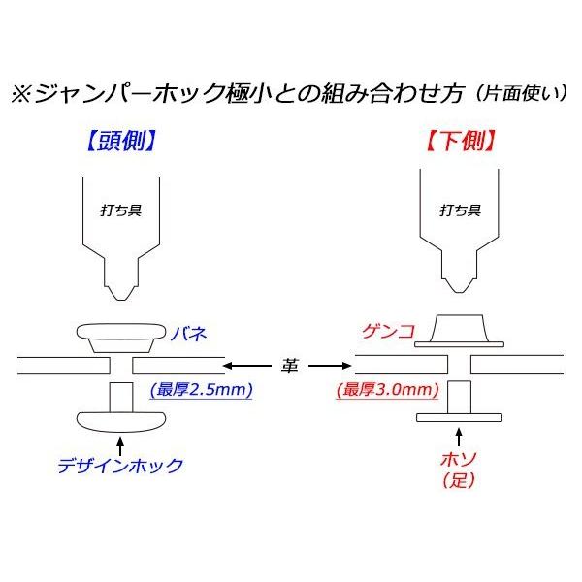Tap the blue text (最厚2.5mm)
tap(202, 392)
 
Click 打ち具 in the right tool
tap(460, 209)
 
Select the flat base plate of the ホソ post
tap(460, 418)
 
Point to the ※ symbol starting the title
tap(21, 96)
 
